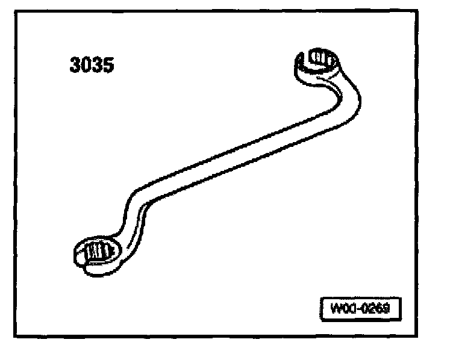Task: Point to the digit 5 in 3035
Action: pyautogui.click(x=108, y=64)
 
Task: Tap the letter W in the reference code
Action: pyautogui.click(x=335, y=309)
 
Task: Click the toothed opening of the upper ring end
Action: pyautogui.click(x=318, y=60)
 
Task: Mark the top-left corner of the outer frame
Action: pyautogui.click(x=16, y=11)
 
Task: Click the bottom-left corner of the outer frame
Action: pyautogui.click(x=16, y=336)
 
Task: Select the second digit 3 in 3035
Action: pyautogui.click(x=98, y=64)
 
